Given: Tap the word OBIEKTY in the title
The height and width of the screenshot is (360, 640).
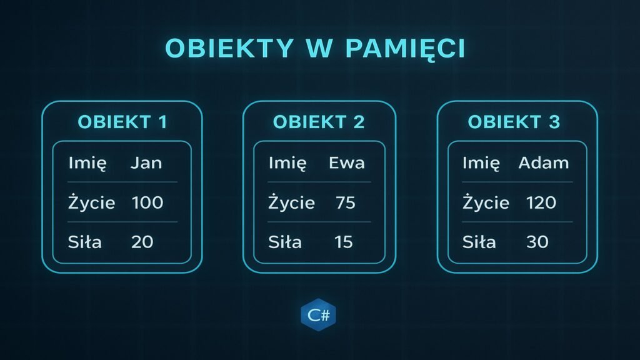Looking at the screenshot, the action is click(x=229, y=47).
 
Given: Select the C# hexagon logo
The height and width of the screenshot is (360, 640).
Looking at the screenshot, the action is click(x=318, y=315).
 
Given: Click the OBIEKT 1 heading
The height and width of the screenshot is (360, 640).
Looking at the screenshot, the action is click(x=122, y=122).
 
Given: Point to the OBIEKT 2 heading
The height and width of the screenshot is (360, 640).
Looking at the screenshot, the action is click(x=319, y=122).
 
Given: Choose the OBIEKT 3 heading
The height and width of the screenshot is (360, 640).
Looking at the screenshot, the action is click(x=514, y=122).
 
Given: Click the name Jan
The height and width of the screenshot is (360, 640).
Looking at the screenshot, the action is click(x=146, y=163).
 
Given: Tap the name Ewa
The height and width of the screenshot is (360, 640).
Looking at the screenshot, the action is click(x=347, y=163).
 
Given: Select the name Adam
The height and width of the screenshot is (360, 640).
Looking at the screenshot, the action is click(x=544, y=163).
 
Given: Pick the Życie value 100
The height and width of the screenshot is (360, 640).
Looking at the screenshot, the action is click(x=147, y=202).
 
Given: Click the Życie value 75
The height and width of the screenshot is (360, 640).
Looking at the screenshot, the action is click(x=346, y=202).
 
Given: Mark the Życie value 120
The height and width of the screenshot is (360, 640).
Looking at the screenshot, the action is click(x=541, y=202).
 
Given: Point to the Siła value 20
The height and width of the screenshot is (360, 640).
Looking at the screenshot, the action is click(x=142, y=242).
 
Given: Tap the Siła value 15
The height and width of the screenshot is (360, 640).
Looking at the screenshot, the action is click(x=343, y=242).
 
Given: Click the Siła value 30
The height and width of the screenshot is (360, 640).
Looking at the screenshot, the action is click(x=537, y=242).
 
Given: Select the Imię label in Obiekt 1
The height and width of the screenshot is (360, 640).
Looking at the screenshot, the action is click(x=87, y=164).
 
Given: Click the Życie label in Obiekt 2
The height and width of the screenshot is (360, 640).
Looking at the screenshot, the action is click(x=291, y=202).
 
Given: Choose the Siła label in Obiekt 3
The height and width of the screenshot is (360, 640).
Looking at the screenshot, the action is click(x=479, y=242).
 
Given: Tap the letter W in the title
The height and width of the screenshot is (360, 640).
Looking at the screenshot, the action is click(x=319, y=47).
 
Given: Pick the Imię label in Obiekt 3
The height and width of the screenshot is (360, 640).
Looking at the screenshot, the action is click(x=481, y=164).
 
